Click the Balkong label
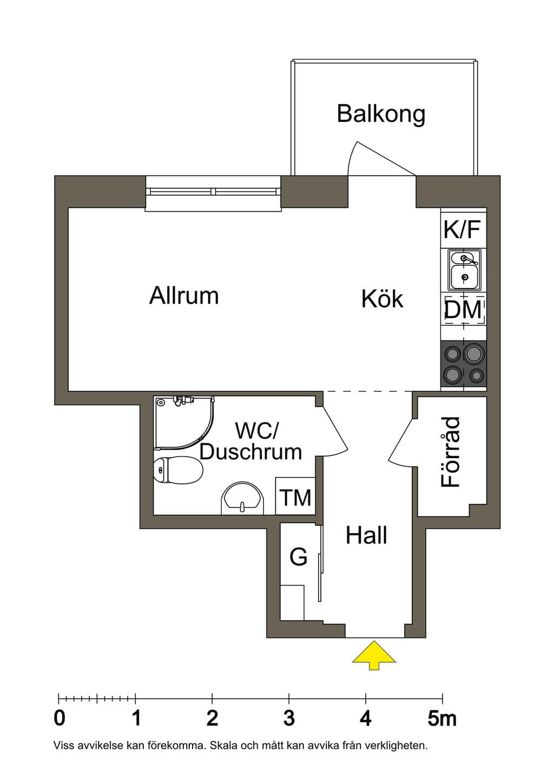click(381, 115)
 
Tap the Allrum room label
click(184, 296)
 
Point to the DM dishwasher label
click(463, 310)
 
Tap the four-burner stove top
click(464, 364)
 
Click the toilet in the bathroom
click(178, 470)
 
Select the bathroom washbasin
click(242, 498)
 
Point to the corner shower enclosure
click(184, 423)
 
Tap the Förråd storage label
click(450, 452)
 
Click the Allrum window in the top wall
click(213, 194)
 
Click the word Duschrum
click(250, 452)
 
